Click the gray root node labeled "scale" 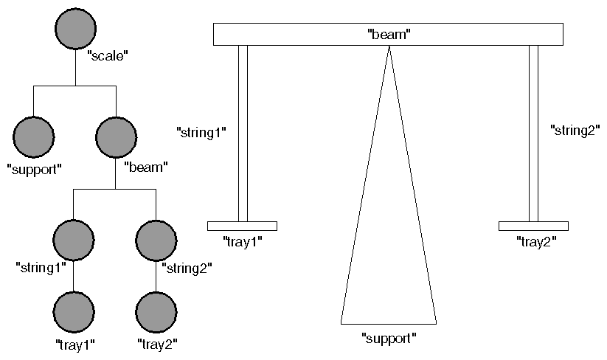(x=76, y=30)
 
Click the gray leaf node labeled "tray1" (x=74, y=311)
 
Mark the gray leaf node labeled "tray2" (x=156, y=311)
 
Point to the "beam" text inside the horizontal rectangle (x=388, y=34)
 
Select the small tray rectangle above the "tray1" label (x=242, y=226)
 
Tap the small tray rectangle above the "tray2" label (x=533, y=226)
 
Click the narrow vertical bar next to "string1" (x=243, y=133)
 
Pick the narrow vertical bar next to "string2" (x=533, y=133)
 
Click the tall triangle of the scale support (x=389, y=243)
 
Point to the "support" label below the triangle (x=389, y=339)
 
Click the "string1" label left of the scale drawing (x=201, y=133)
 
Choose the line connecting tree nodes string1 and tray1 (x=74, y=276)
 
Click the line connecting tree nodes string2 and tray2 (x=156, y=276)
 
